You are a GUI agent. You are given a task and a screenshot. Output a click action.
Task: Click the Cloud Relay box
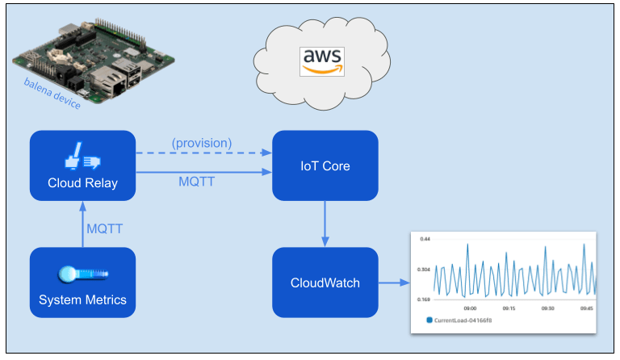(82, 165)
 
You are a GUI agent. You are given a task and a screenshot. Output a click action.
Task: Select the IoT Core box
(325, 165)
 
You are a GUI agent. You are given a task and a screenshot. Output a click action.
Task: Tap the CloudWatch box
(325, 283)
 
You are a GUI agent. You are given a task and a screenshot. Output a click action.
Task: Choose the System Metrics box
(82, 283)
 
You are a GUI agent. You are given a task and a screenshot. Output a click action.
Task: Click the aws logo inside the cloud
(321, 61)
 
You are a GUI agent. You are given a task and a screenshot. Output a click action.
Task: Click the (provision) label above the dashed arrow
(201, 143)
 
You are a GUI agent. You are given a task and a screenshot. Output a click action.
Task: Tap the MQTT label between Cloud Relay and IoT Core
(196, 182)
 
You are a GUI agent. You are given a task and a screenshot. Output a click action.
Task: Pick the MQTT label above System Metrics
(104, 228)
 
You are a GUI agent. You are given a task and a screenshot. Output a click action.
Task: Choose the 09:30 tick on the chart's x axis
(547, 308)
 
